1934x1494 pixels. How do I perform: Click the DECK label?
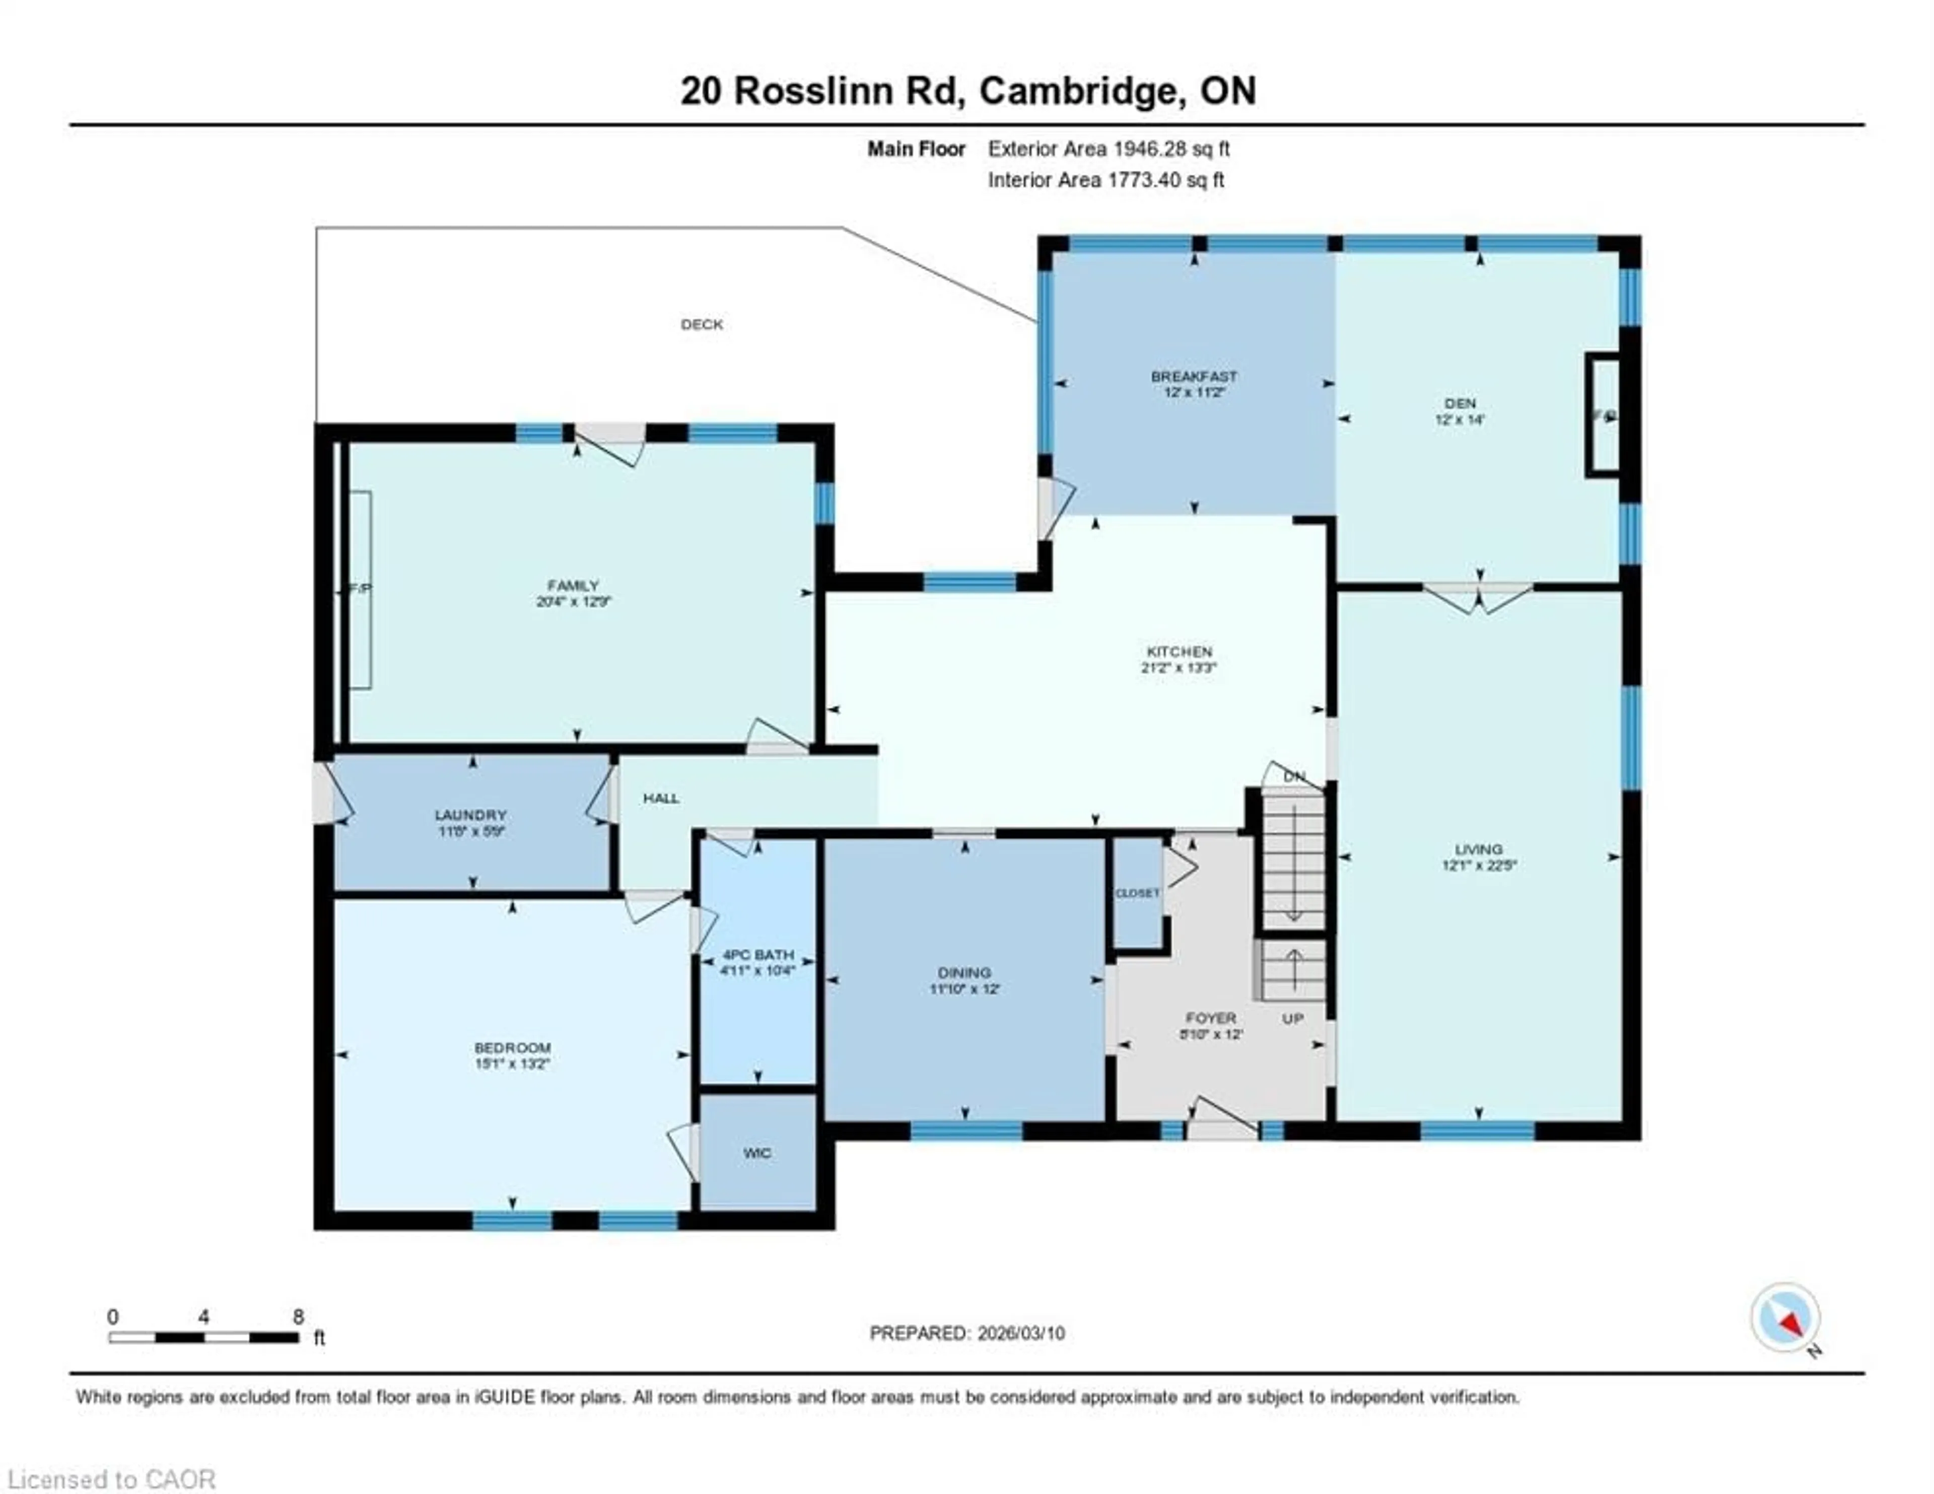tap(702, 324)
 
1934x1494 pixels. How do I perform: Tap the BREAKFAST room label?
tap(1194, 376)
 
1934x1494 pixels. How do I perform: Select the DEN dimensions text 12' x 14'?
tap(1460, 420)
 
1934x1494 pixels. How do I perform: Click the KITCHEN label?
tap(1179, 652)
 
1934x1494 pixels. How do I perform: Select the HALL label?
tap(661, 798)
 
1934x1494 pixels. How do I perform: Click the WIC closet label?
tap(757, 1152)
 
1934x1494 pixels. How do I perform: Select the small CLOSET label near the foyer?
tap(1137, 893)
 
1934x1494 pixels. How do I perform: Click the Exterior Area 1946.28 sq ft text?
tap(1109, 149)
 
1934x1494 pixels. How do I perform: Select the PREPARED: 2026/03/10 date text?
tap(967, 1333)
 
